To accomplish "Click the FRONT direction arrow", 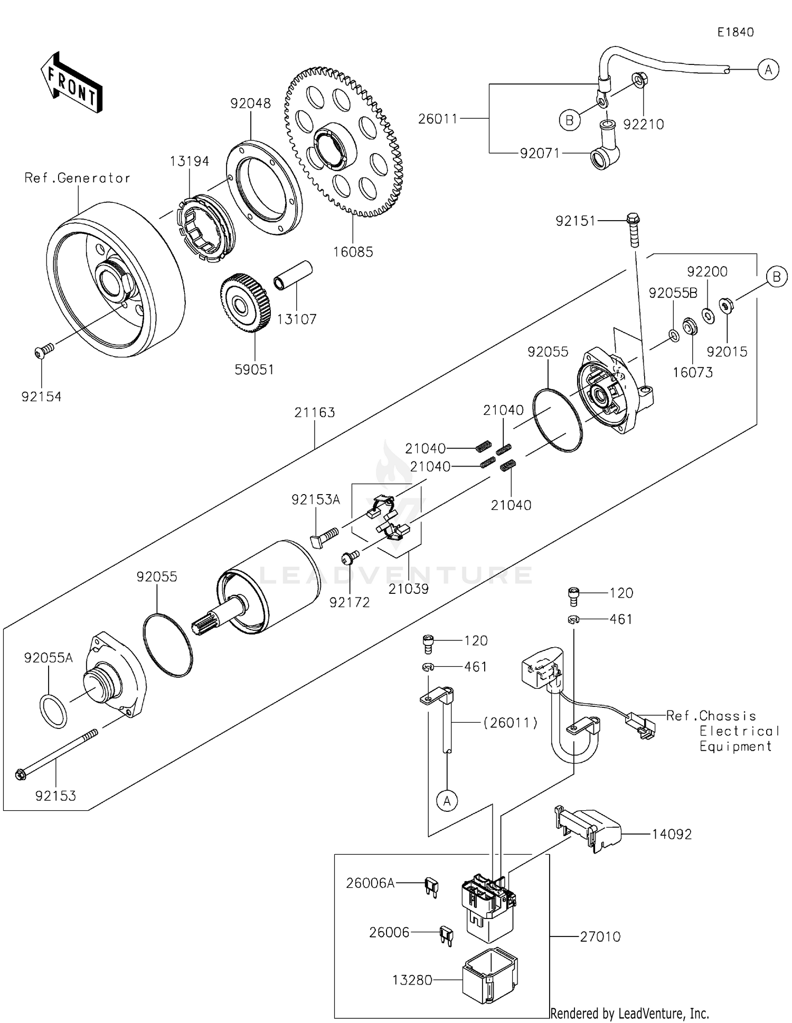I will (71, 83).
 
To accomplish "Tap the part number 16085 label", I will (353, 252).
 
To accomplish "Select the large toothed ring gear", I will (344, 143).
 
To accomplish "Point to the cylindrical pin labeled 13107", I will (293, 275).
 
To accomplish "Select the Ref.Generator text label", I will (77, 178).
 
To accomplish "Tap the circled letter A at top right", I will (768, 69).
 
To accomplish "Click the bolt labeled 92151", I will (633, 230).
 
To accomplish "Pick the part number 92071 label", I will (539, 154).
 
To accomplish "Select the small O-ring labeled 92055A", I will (53, 711).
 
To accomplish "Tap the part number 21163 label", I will (315, 412).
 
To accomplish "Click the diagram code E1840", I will (735, 32).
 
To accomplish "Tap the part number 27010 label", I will (600, 936).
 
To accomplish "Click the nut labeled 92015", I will (726, 306).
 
